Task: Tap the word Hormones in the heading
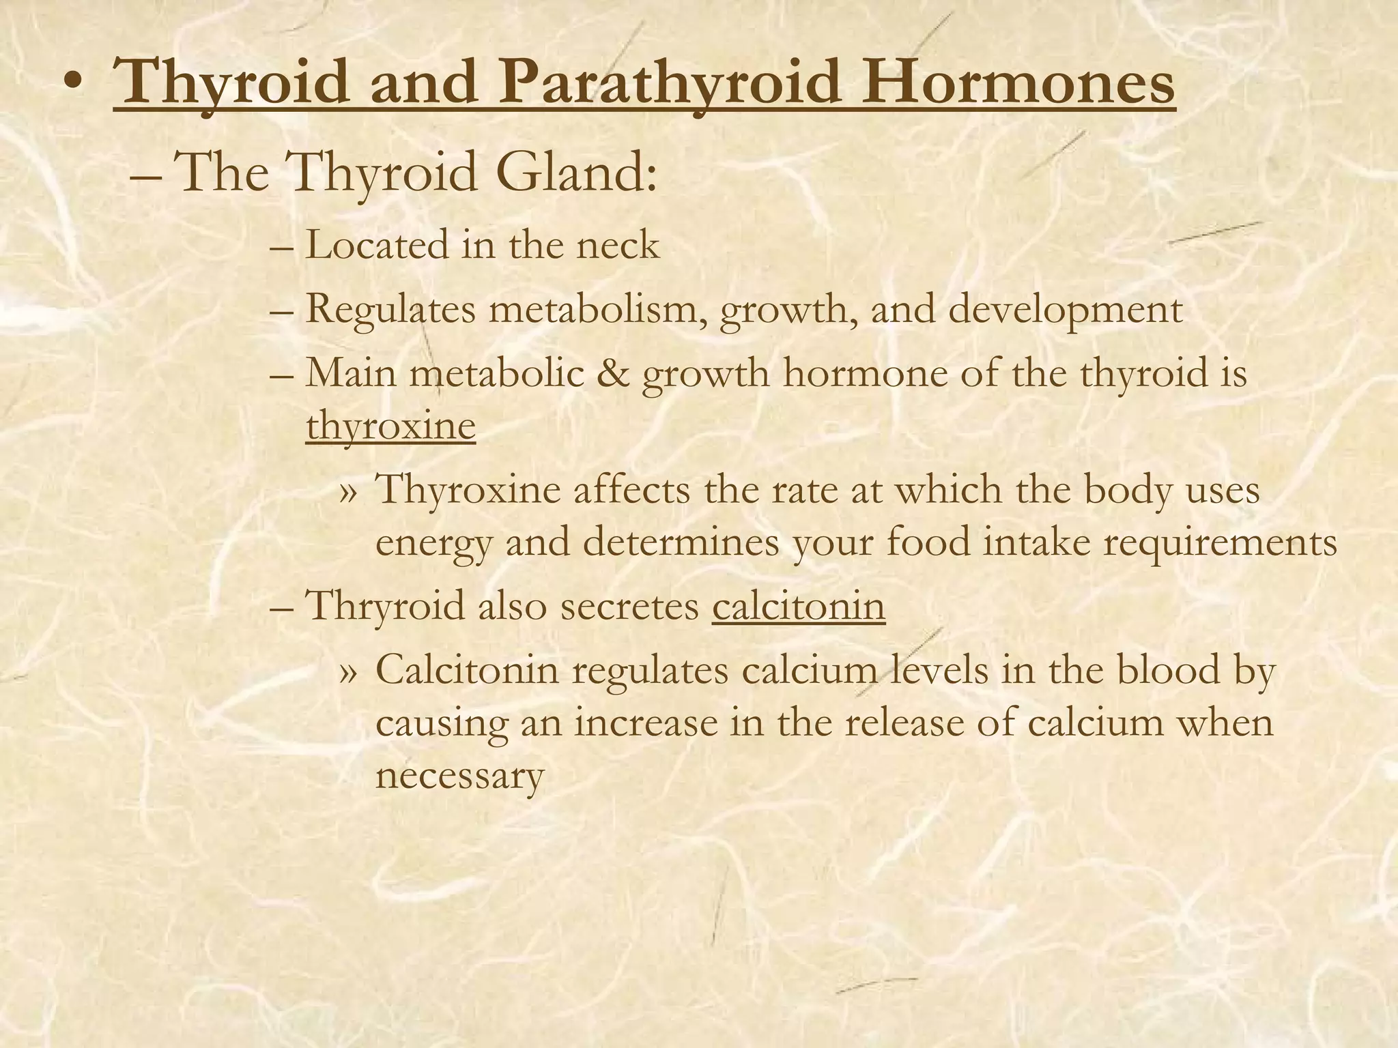tap(1017, 83)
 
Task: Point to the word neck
tap(618, 245)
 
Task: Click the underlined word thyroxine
tap(390, 427)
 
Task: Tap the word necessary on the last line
tap(459, 776)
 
